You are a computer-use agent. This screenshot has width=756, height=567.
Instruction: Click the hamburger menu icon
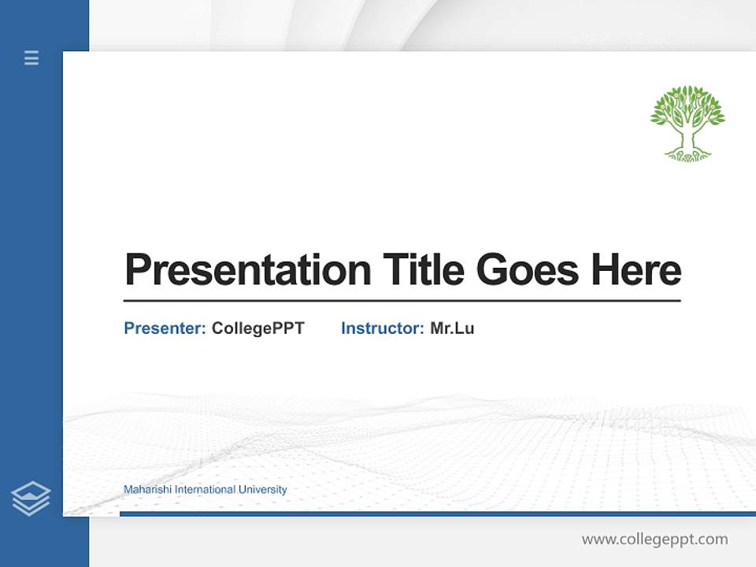coord(31,57)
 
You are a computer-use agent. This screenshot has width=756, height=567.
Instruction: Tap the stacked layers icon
coord(31,498)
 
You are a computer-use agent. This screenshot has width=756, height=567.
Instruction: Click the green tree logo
coord(687,123)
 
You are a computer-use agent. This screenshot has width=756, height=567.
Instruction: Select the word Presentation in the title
coord(247,270)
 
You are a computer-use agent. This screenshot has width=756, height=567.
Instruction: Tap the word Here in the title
coord(636,270)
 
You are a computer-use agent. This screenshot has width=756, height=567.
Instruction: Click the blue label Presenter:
coord(165,328)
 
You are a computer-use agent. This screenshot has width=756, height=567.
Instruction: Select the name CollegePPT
coord(258,328)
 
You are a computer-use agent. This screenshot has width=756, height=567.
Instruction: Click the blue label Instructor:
coord(382,328)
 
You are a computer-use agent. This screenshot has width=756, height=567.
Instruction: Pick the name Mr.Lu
coord(452,328)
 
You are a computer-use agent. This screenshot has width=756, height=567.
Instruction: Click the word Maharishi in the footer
coord(147,490)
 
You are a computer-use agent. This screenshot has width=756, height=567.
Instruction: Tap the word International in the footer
coord(205,490)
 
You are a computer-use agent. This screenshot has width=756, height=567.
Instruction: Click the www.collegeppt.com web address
coord(654,539)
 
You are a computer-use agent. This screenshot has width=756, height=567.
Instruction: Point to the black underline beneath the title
coord(402,301)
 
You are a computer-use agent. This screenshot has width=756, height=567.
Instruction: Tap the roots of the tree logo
coord(687,154)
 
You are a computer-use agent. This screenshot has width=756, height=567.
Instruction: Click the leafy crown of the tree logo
coord(687,106)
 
